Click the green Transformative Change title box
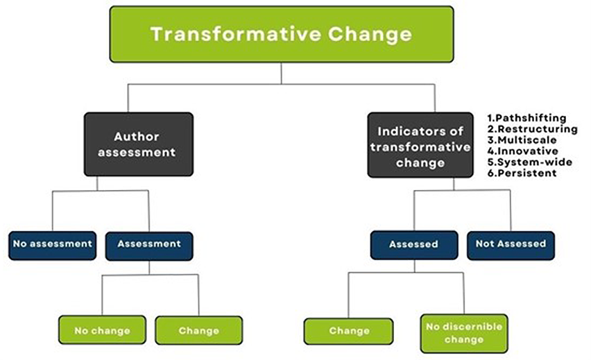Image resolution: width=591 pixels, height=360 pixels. [282, 34]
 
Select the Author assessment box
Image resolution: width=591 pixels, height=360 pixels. [139, 144]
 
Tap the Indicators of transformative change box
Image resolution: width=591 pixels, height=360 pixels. [420, 145]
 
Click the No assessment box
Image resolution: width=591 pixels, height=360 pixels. [53, 246]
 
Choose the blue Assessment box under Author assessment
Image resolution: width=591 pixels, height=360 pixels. [149, 246]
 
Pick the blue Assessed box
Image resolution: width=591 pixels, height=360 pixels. [414, 245]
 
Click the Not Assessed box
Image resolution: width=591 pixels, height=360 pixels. [511, 246]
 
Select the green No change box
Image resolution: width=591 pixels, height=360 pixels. [102, 330]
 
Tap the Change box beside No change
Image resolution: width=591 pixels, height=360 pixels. [198, 330]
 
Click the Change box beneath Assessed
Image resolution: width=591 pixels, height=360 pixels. [349, 332]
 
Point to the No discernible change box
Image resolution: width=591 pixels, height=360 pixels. [464, 334]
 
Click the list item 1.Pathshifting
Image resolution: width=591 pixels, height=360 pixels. [526, 118]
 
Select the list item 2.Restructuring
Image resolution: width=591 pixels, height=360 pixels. [532, 129]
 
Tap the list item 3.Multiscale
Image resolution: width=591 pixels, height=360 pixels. [522, 140]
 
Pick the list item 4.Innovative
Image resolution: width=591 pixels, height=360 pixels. [523, 151]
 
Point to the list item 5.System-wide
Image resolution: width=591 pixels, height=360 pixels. [529, 162]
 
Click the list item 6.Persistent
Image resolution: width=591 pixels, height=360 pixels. [522, 173]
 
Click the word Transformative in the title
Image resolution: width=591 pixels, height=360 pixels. [236, 34]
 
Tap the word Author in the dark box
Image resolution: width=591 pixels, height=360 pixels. [137, 137]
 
